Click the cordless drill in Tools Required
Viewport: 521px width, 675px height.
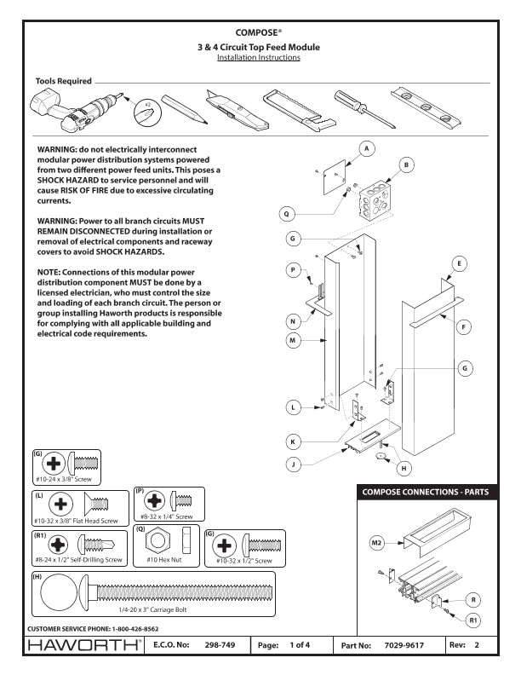click(60, 107)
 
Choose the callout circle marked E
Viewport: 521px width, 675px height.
click(460, 265)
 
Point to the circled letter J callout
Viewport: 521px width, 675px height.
click(295, 465)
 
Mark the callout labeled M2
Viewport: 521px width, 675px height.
click(375, 542)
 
